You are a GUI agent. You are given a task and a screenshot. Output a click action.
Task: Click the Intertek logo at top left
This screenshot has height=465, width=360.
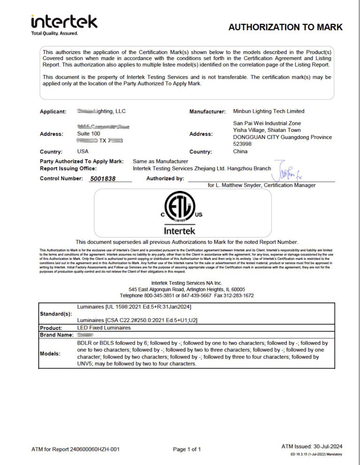[x=64, y=24]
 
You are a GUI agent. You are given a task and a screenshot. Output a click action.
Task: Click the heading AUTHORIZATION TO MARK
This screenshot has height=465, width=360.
[x=285, y=27]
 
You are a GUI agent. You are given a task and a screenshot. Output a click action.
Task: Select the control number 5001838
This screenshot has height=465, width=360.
[x=102, y=179]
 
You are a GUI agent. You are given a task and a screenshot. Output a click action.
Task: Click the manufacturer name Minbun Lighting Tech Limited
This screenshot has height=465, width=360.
[x=269, y=111]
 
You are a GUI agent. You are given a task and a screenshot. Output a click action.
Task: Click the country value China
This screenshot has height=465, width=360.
[x=240, y=152]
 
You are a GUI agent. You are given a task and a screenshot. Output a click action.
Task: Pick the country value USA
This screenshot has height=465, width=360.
[x=82, y=152]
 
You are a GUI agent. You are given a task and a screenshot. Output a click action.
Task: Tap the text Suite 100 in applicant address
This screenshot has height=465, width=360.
[x=89, y=134]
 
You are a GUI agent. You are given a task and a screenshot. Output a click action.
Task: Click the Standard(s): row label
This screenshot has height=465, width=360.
[x=56, y=313]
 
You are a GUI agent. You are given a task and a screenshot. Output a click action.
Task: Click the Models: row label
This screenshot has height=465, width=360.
[x=50, y=353]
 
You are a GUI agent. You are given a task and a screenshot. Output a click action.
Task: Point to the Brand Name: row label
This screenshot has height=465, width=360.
[x=57, y=335]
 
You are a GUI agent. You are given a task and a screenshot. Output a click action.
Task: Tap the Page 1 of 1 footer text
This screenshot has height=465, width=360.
[x=187, y=450]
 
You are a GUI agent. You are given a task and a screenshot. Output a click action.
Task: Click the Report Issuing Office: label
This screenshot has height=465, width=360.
[x=68, y=168]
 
